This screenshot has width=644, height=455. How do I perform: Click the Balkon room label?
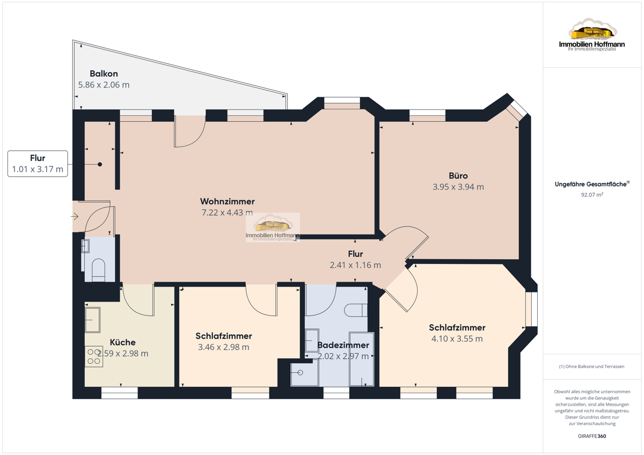click(x=104, y=74)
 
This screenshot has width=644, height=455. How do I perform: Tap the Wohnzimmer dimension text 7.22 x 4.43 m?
click(x=227, y=212)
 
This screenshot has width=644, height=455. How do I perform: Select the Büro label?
click(x=458, y=175)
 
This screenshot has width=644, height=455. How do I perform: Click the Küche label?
click(x=123, y=342)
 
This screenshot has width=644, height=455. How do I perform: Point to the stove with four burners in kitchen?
click(x=94, y=356)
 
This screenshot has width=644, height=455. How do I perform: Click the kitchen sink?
click(x=92, y=320)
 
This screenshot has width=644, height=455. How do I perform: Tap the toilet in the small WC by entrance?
click(x=98, y=270)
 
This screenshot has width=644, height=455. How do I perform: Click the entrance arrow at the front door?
click(x=75, y=216)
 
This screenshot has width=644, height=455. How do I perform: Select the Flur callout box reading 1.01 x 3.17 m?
click(x=38, y=164)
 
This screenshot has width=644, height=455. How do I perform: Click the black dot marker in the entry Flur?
click(x=100, y=164)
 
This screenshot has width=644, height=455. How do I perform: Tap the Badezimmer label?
click(x=343, y=345)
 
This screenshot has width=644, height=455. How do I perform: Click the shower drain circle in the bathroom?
click(x=301, y=373)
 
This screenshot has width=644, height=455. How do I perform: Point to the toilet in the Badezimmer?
click(x=356, y=310)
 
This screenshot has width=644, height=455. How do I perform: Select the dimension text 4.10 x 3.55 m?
click(x=457, y=339)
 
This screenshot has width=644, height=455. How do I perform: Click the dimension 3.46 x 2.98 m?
click(x=223, y=347)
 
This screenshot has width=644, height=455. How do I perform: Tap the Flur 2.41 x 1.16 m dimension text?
click(x=355, y=265)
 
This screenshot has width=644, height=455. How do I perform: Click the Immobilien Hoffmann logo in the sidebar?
click(x=592, y=34)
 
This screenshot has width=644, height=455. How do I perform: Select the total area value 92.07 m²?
click(x=592, y=195)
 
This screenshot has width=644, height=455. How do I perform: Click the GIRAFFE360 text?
click(x=592, y=436)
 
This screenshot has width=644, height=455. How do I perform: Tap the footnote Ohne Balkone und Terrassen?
click(x=591, y=366)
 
